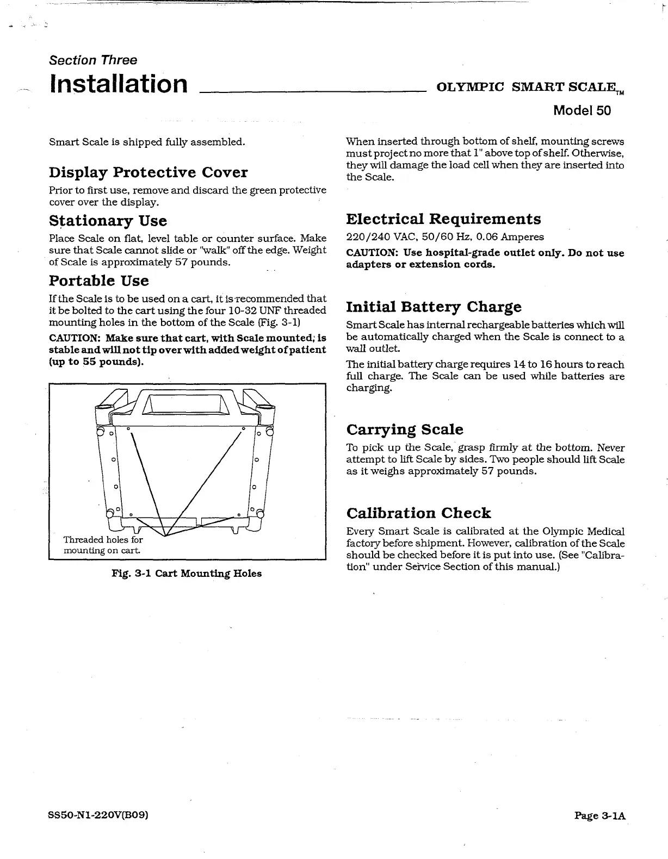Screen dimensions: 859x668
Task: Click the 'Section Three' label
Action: pyautogui.click(x=93, y=60)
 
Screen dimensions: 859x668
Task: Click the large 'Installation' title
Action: pyautogui.click(x=119, y=84)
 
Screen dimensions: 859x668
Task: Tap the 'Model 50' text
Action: pyautogui.click(x=582, y=110)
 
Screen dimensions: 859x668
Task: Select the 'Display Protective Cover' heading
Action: pyautogui.click(x=148, y=172)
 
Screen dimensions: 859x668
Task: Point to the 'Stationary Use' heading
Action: pyautogui.click(x=108, y=221)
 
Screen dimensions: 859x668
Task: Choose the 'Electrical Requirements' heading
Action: pyautogui.click(x=443, y=219)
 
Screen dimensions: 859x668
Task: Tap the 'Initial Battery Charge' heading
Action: pyautogui.click(x=434, y=307)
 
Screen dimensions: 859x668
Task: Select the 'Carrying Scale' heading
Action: pyautogui.click(x=405, y=429)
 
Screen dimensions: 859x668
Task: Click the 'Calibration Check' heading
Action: pyautogui.click(x=418, y=513)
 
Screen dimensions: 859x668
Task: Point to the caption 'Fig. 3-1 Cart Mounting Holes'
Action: pyautogui.click(x=187, y=574)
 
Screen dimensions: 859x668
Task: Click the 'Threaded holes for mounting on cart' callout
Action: pyautogui.click(x=103, y=545)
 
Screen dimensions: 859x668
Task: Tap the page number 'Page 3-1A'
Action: pyautogui.click(x=600, y=816)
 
